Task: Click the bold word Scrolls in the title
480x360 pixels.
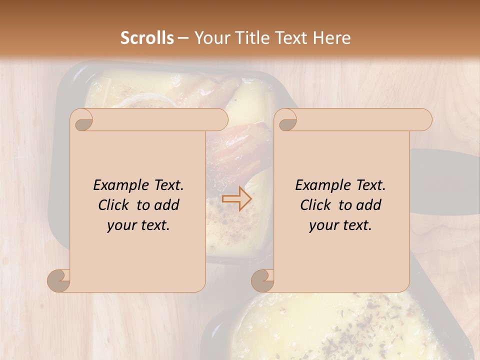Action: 147,38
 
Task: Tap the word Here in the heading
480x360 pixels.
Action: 332,38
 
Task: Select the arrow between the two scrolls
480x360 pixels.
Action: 236,198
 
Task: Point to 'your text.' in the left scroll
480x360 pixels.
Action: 138,225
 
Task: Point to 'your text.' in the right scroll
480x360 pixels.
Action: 340,225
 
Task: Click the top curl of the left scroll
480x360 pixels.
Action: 82,120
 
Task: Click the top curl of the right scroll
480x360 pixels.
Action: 286,120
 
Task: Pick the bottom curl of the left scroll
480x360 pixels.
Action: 59,280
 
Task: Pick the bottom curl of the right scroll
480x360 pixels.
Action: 263,280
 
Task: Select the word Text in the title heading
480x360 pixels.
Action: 292,38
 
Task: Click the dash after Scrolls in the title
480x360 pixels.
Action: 183,38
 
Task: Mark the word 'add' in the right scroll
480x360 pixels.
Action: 368,205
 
